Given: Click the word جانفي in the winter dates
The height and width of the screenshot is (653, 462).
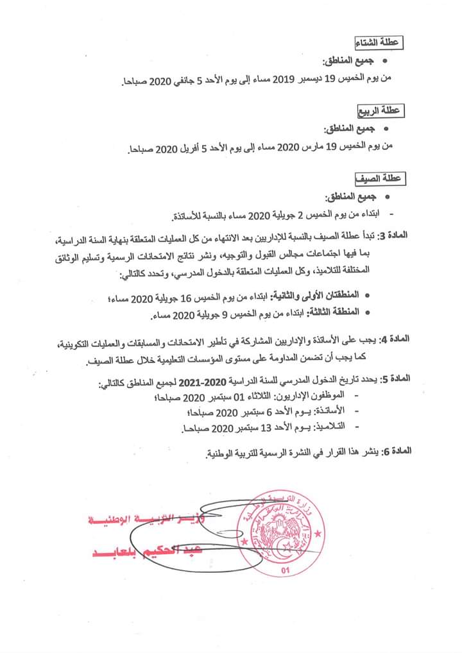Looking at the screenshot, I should tap(198, 80).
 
